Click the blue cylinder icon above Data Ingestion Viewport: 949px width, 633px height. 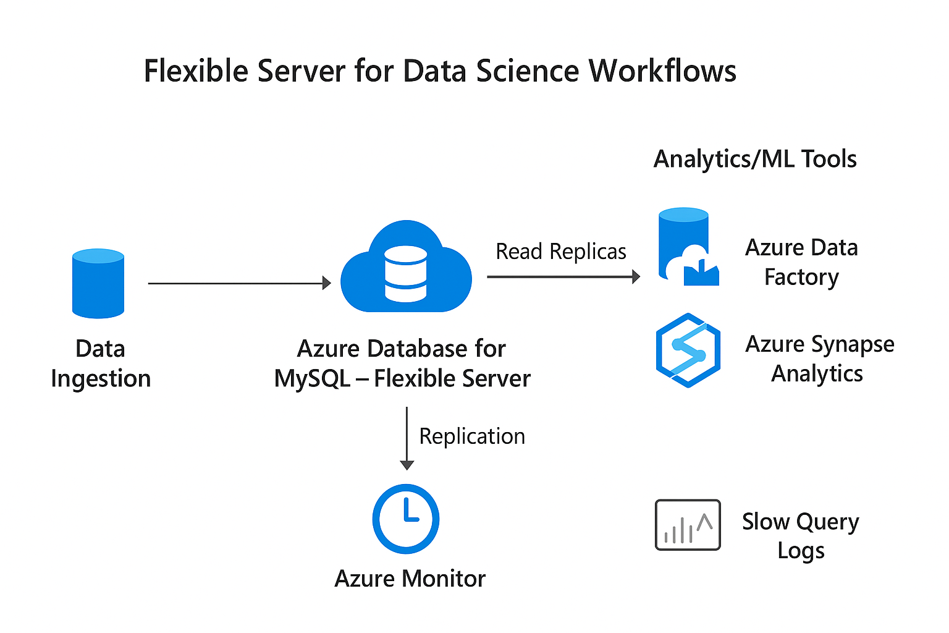click(x=98, y=284)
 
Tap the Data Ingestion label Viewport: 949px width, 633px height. click(x=101, y=363)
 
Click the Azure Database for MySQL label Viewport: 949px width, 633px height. click(x=402, y=363)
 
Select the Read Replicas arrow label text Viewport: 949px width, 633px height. click(x=560, y=252)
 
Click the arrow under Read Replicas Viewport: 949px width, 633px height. click(x=562, y=276)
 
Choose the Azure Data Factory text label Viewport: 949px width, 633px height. click(x=801, y=262)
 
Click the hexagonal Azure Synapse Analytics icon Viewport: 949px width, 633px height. click(x=688, y=350)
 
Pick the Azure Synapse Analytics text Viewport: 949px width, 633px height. click(x=819, y=359)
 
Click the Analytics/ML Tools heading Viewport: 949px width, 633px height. click(x=754, y=159)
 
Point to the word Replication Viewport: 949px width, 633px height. click(x=472, y=436)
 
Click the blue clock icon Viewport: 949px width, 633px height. click(x=406, y=519)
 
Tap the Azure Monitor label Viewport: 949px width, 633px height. click(x=410, y=579)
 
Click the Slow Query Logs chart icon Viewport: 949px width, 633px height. click(x=688, y=525)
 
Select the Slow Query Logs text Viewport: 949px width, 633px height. click(x=800, y=535)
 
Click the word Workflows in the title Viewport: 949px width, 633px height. click(x=662, y=70)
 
